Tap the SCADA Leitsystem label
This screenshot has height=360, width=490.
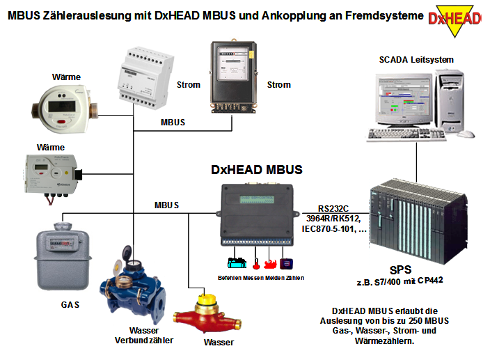[416, 60]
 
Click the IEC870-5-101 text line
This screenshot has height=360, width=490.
[332, 228]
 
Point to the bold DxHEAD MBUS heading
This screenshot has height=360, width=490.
[257, 169]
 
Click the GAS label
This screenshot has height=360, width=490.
[70, 305]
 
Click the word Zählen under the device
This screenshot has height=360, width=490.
[293, 278]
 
